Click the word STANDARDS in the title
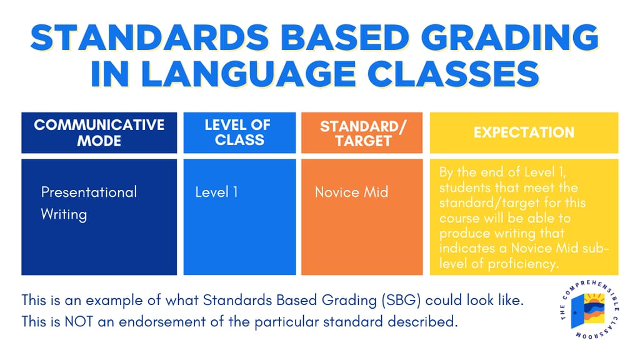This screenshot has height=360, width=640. click(149, 37)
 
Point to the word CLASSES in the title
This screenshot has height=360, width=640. click(454, 74)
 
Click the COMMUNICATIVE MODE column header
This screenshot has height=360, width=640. click(99, 132)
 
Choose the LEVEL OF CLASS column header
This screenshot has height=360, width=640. click(239, 132)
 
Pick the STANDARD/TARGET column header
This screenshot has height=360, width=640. click(362, 132)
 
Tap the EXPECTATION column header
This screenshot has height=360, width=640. click(524, 132)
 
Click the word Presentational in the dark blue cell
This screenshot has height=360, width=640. click(89, 192)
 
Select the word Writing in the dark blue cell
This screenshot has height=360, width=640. click(64, 215)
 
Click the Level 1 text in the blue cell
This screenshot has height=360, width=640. click(216, 192)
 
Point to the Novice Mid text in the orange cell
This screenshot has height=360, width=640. click(351, 192)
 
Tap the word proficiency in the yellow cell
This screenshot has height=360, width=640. click(523, 264)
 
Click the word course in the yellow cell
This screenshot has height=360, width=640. click(459, 218)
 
